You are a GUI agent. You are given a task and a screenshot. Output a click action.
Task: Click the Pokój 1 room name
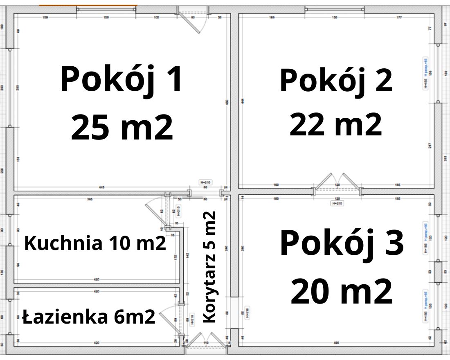pyautogui.click(x=121, y=79)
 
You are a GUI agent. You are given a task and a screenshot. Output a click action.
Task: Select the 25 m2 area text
pyautogui.click(x=122, y=128)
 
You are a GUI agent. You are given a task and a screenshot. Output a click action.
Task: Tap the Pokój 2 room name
pyautogui.click(x=336, y=81)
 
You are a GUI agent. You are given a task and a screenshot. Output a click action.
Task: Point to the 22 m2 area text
pyautogui.click(x=336, y=125)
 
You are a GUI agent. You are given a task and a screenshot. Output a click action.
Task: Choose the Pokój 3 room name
pyautogui.click(x=342, y=243)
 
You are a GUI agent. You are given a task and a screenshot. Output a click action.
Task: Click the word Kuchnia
pyautogui.click(x=63, y=243)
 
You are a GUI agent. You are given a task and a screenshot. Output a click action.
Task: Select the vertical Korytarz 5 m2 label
pyautogui.click(x=209, y=267)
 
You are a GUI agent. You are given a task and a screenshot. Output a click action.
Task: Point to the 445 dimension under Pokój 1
pyautogui.click(x=101, y=187)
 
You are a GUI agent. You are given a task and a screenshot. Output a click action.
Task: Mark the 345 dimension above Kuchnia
pyautogui.click(x=90, y=199)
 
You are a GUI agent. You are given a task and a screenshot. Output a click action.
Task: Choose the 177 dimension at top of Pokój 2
pyautogui.click(x=399, y=18)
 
